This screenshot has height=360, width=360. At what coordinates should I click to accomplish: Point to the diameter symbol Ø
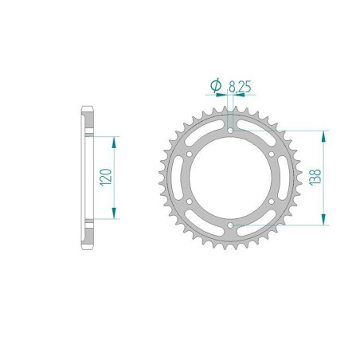pyautogui.click(x=215, y=84)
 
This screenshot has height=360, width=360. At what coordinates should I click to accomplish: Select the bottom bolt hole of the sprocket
pyautogui.click(x=230, y=227)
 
